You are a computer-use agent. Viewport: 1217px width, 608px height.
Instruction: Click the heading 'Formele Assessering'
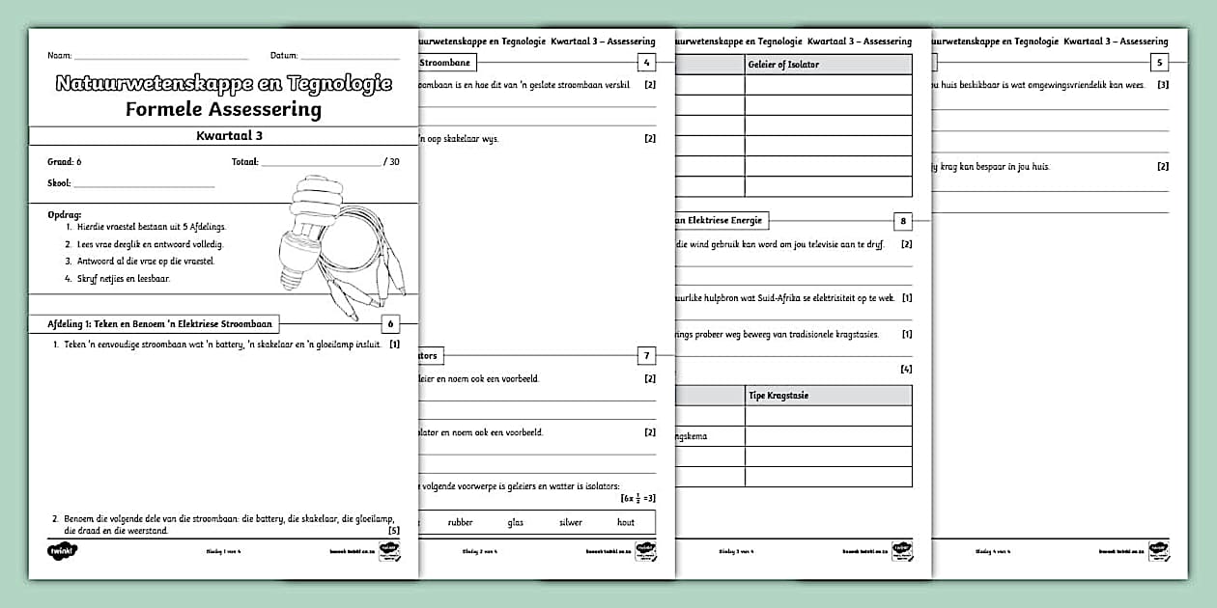point(223,109)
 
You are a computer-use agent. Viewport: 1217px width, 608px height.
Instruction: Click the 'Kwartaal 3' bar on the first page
point(223,137)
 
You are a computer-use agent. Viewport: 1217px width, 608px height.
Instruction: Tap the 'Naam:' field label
point(60,56)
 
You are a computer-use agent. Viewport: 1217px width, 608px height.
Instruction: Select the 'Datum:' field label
point(284,56)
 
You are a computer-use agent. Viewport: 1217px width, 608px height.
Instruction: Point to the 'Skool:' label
point(59,182)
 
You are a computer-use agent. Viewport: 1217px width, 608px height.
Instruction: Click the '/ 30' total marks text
point(391,162)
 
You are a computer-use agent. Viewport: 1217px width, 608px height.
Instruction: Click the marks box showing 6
point(390,324)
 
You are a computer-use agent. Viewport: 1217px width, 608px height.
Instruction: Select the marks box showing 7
point(647,356)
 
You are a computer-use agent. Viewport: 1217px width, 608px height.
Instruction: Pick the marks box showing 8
point(903,221)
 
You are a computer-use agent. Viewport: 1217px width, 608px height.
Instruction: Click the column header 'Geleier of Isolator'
point(783,64)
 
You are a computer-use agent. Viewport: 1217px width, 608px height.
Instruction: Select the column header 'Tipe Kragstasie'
point(779,395)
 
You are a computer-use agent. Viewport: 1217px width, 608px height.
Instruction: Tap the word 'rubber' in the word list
point(460,522)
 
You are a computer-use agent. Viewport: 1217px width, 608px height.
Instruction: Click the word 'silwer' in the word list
point(571,522)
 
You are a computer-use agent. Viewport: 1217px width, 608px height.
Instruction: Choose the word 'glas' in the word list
point(515,522)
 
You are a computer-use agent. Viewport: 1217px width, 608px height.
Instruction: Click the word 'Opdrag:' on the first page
point(65,213)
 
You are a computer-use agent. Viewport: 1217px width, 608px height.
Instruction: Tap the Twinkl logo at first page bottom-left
point(62,551)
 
